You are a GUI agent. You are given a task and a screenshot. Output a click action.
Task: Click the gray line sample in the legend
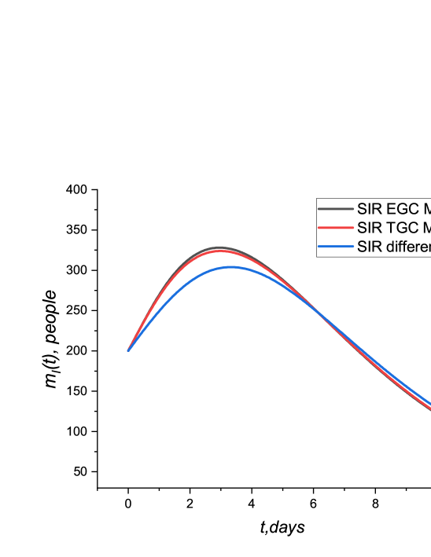[x=335, y=209]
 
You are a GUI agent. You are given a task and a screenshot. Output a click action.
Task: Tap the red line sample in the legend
[x=335, y=228]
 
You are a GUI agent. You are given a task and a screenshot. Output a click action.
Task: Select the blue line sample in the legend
[x=335, y=247]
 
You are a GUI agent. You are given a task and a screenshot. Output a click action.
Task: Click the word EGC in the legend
[x=399, y=209]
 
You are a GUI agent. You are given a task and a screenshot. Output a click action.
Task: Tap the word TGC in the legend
[x=399, y=228]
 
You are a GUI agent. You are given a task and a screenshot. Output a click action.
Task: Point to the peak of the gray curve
[x=220, y=247]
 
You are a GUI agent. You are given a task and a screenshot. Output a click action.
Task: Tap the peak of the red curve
[x=222, y=251]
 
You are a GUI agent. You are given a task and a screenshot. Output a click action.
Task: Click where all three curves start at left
[x=128, y=350]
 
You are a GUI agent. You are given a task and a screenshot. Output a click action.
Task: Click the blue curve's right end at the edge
[x=429, y=406]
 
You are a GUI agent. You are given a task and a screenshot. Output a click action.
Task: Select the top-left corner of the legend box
[x=318, y=200]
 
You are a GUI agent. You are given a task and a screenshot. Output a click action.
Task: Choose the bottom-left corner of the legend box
[x=318, y=256]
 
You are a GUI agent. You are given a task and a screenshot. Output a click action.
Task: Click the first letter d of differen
[x=389, y=247]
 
